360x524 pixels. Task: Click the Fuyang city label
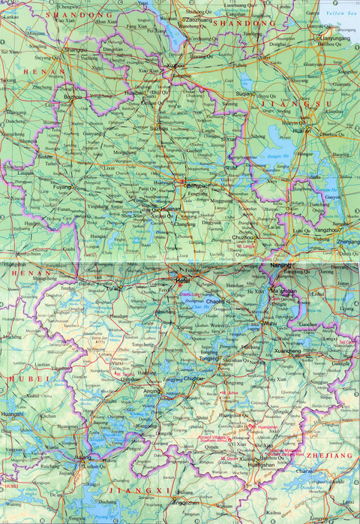[x=62, y=187]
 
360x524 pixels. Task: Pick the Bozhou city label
[x=73, y=97]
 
